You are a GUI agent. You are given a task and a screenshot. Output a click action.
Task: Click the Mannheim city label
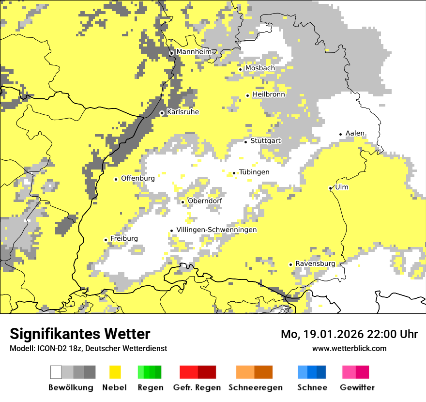coord(194,52)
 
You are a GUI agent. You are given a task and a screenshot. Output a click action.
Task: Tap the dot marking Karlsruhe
coord(162,113)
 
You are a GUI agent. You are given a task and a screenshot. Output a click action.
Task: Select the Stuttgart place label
coord(266,141)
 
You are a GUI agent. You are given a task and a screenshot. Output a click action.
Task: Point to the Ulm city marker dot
coord(331,188)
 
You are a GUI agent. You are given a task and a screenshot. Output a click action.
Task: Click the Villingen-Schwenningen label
coord(216,230)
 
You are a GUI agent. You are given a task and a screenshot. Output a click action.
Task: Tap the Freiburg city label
coord(124,239)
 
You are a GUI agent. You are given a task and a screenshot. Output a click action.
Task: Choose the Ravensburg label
coord(315,263)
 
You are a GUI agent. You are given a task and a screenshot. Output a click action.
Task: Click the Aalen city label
coord(355,134)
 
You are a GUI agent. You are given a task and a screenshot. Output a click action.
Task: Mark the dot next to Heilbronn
coord(248,95)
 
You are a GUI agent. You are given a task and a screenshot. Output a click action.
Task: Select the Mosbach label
coord(260,68)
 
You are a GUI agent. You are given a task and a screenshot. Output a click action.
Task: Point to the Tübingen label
coord(254,172)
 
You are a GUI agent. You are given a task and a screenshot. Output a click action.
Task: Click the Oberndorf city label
coord(205,201)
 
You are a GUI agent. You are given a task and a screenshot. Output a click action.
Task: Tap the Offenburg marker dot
coord(116,179)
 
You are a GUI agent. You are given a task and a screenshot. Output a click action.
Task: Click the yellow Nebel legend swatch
coord(115,372)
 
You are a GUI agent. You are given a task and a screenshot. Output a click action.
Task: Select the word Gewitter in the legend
coord(357,387)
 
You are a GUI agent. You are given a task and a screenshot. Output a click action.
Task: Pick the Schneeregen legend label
coord(256,387)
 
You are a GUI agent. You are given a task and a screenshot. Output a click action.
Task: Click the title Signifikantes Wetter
coord(80,334)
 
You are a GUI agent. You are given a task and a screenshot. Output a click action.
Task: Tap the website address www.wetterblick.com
coord(349,348)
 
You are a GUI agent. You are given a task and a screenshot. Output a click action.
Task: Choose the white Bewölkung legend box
coord(56,372)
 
